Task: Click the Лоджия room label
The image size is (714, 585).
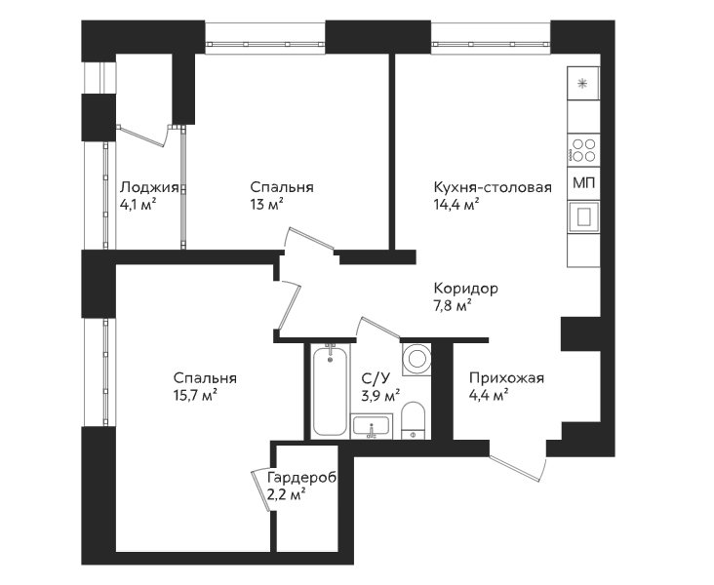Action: coord(149,187)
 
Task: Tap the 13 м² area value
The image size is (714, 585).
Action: coord(267,205)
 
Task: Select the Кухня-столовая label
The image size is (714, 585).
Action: coord(493,187)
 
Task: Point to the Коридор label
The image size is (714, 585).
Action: coord(466,289)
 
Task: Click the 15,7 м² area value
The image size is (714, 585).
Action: coord(195,396)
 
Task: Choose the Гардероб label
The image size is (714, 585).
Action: coord(302,478)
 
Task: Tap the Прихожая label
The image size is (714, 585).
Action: coord(507,378)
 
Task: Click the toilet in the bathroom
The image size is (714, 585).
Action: coord(413,421)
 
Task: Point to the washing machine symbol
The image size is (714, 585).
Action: coord(416,359)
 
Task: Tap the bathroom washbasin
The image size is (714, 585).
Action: coord(372,427)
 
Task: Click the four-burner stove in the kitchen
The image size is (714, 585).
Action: coord(583,150)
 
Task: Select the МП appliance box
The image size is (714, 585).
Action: coord(583,183)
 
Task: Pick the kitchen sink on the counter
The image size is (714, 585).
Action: coord(583,217)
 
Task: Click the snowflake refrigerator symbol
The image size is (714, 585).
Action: coord(581,84)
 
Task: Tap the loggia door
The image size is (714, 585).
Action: coord(143,136)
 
